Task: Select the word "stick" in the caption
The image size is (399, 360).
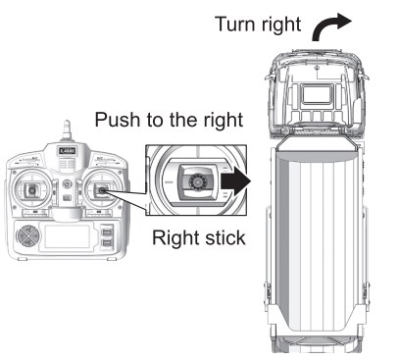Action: (x=225, y=237)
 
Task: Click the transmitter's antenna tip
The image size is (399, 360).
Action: (x=67, y=123)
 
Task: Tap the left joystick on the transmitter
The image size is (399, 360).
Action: (x=31, y=190)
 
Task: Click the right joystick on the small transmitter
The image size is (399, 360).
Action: (x=101, y=190)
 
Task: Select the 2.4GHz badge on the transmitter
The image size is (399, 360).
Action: (x=67, y=151)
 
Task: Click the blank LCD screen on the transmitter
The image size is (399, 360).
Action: (x=67, y=236)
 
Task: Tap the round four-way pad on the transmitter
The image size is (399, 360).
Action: (x=28, y=235)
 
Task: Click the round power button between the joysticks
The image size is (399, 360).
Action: (x=67, y=184)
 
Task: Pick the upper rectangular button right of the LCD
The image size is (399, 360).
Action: (x=106, y=231)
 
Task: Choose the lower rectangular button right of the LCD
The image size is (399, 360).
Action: (x=106, y=243)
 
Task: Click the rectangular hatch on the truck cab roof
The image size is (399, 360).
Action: (x=317, y=94)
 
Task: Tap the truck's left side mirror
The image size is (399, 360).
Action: (x=270, y=77)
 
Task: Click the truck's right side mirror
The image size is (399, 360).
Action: (x=364, y=77)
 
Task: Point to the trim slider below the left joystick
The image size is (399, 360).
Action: (x=34, y=213)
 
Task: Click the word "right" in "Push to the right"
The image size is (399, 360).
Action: (x=224, y=120)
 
